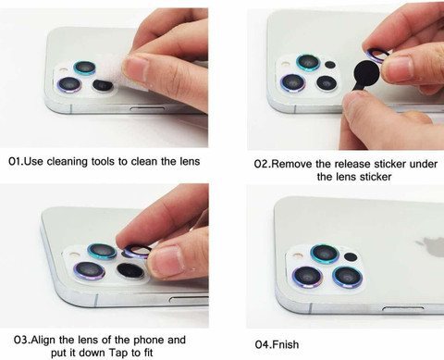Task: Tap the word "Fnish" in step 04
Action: point(285,344)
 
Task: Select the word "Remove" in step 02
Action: point(291,164)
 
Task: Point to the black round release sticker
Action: point(366,73)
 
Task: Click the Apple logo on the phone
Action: point(433,246)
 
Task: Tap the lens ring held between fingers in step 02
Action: point(376,55)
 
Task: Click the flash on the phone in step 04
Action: point(297,255)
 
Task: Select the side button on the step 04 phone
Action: point(402,308)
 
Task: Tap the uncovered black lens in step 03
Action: point(130,270)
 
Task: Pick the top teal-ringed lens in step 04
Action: point(325,254)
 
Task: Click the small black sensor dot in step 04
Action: point(351,256)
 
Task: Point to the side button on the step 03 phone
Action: point(189,299)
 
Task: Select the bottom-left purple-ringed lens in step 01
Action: point(69,84)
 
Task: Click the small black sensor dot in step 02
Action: point(330,65)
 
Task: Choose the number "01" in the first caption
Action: point(15,162)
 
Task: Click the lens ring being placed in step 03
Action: point(138,251)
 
